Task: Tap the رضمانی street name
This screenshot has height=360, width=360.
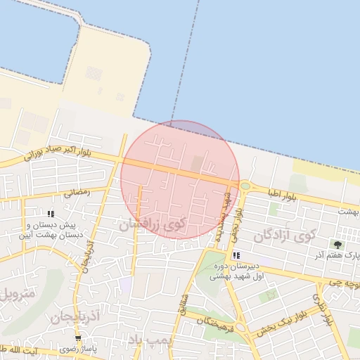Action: click(77, 191)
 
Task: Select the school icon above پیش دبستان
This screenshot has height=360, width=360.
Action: click(50, 214)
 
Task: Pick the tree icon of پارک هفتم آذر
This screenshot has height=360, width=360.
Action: click(337, 245)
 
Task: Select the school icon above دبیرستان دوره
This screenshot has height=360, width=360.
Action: click(236, 255)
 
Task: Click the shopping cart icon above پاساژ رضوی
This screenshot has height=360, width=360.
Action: click(88, 339)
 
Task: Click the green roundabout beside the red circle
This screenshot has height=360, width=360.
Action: click(245, 186)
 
